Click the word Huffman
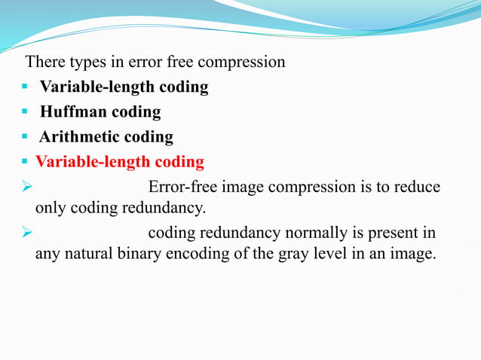(73, 112)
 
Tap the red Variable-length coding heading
(120, 162)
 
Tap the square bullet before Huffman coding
(25, 113)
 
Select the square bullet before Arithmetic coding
(25, 138)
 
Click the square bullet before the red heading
(25, 163)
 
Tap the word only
(51, 207)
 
